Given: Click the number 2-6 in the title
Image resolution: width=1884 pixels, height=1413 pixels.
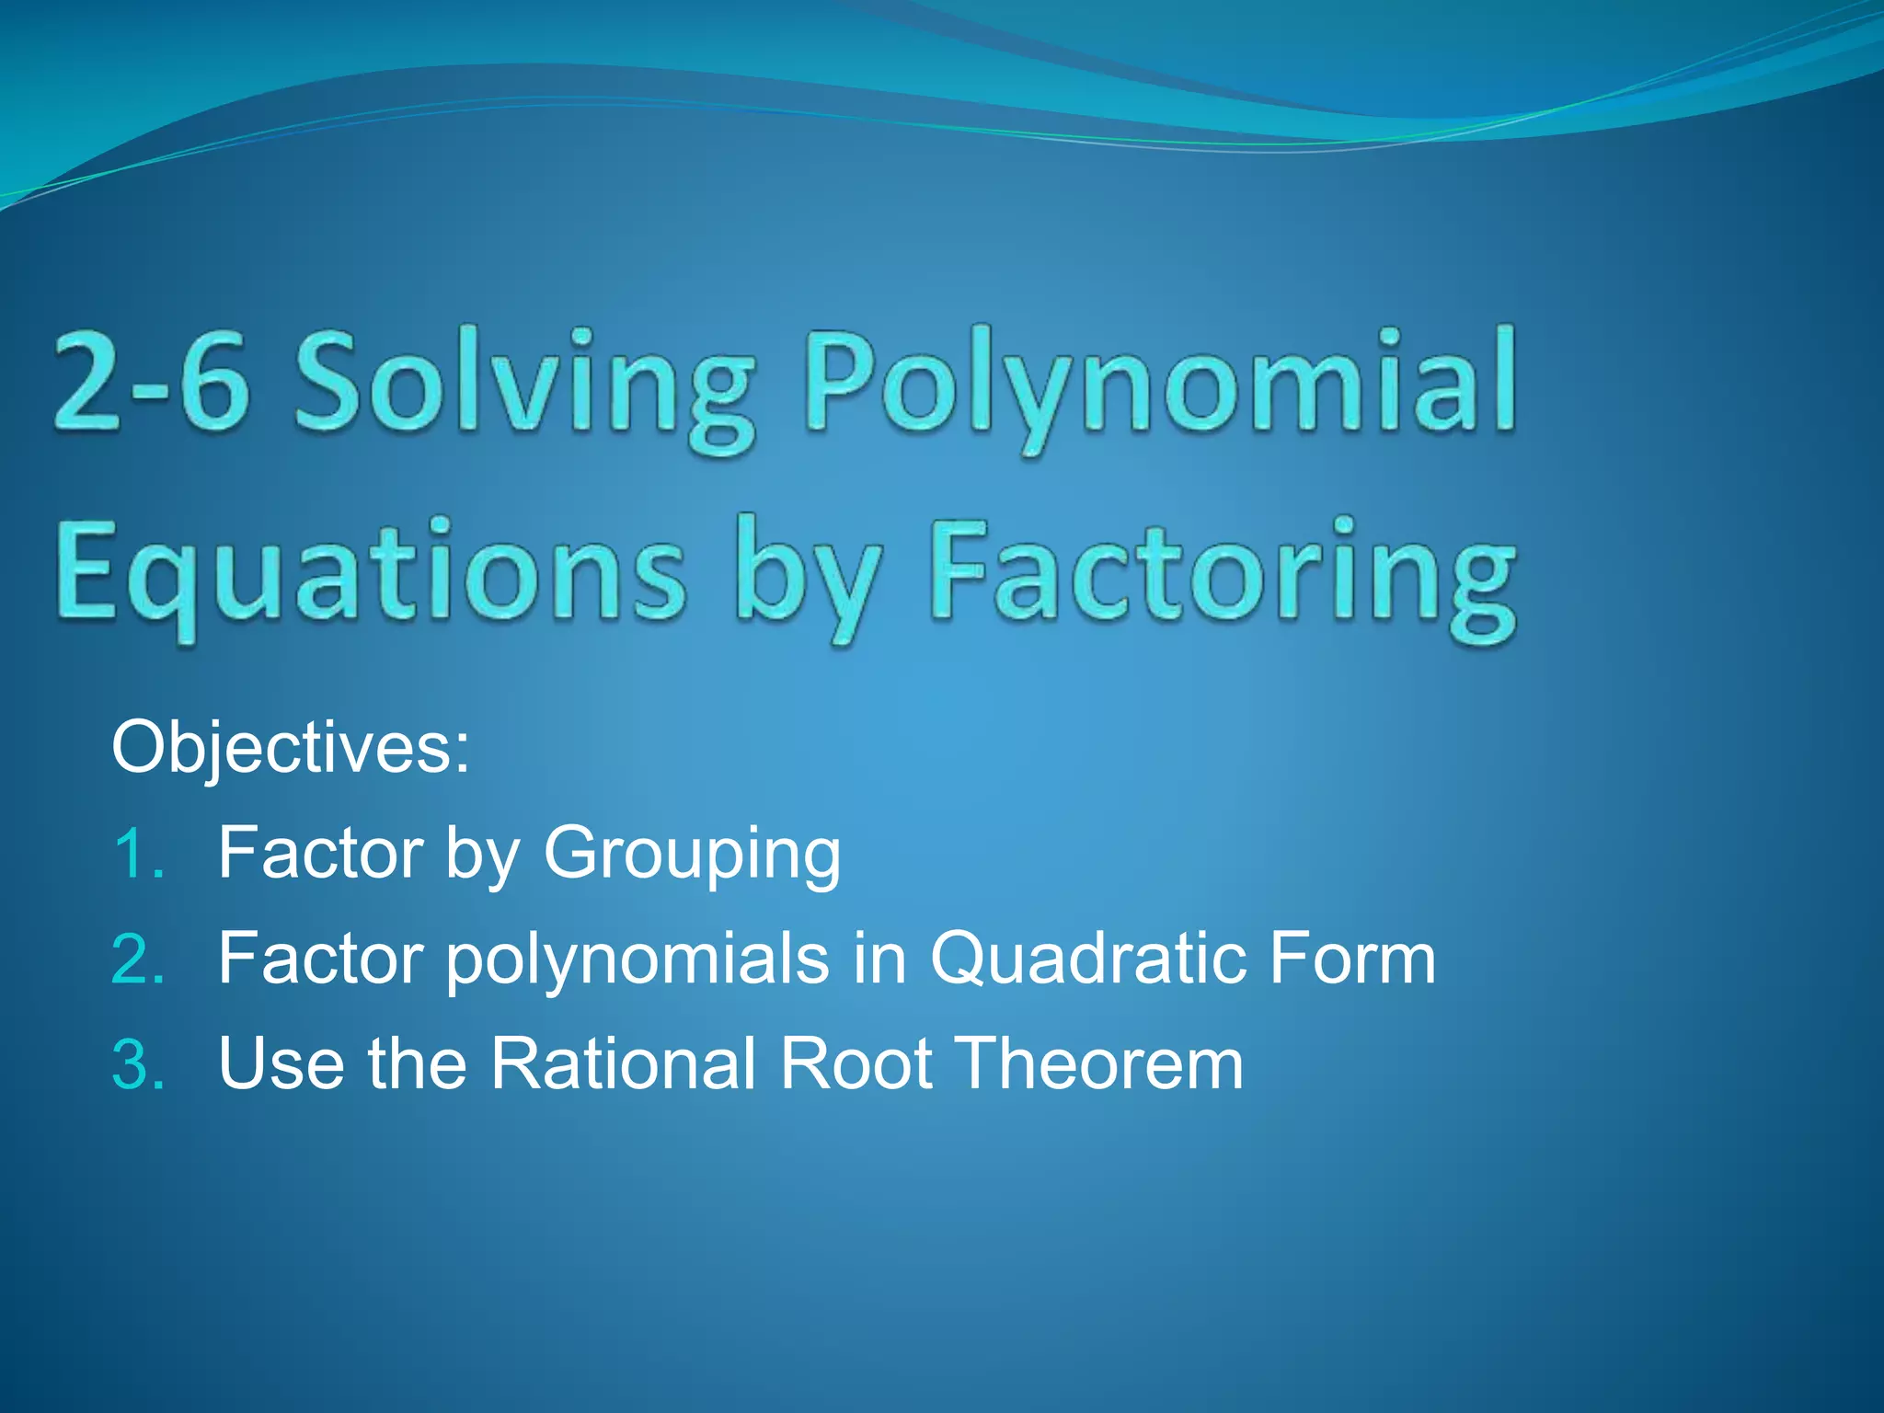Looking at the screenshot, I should (152, 382).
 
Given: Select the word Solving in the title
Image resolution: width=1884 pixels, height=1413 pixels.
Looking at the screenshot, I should (524, 386).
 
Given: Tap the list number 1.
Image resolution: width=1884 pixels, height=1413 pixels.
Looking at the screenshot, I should (138, 854).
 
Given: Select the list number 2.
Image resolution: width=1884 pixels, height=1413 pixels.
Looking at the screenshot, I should (138, 959).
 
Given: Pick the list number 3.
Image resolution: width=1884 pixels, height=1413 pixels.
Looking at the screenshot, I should (138, 1064).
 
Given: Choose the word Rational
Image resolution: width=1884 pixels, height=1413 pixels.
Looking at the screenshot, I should (623, 1064).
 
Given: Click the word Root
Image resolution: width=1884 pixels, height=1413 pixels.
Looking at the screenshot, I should (856, 1064).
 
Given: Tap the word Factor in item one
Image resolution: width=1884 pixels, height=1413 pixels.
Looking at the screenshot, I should (321, 854).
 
